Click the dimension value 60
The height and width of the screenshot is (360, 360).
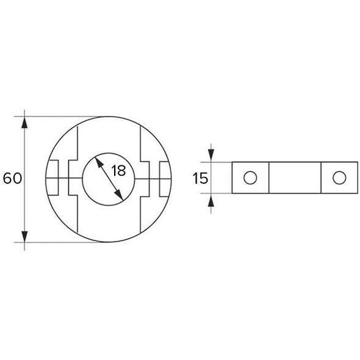tap(12, 179)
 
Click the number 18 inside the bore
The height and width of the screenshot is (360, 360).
tap(118, 170)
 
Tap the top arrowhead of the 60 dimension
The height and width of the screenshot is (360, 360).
tap(25, 121)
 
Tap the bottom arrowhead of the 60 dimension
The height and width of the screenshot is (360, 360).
tap(25, 236)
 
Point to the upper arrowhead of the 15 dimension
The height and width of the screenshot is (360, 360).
tap(211, 156)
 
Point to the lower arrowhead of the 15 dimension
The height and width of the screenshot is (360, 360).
tap(211, 201)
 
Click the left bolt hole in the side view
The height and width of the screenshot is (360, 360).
tap(250, 178)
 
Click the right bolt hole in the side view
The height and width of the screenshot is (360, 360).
tap(339, 178)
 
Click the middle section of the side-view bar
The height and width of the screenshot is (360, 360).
tap(294, 178)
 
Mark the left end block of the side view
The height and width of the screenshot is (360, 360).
tap(250, 178)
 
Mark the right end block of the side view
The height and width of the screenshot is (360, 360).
tap(339, 178)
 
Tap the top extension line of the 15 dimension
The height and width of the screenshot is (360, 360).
tap(221, 162)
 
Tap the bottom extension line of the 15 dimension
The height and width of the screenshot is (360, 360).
tap(221, 194)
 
